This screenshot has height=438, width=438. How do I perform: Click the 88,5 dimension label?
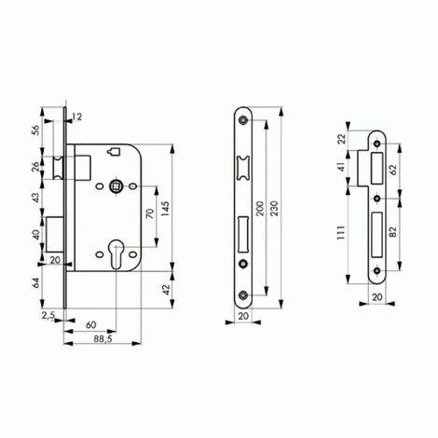coord(103,339)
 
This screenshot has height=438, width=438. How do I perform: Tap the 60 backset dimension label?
coord(91,325)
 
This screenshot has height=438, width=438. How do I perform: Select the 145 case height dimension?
coord(165,209)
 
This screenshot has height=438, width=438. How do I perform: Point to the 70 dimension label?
coord(150,213)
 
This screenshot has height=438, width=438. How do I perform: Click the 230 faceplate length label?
coord(274,208)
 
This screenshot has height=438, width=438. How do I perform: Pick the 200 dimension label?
coord(260,209)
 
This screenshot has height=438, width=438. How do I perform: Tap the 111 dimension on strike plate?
coord(341,232)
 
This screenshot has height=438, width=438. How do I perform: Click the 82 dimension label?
coord(392,232)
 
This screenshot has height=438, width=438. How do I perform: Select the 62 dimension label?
coord(393,170)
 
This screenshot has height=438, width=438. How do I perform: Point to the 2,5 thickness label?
coord(48,316)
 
